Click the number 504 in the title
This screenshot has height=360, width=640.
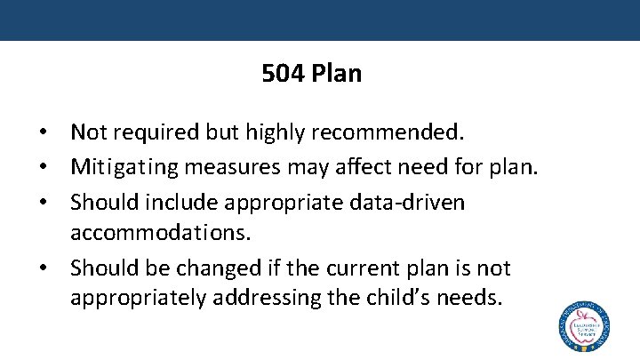click(x=283, y=73)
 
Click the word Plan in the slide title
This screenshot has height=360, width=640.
click(x=337, y=73)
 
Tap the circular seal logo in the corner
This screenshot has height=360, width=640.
click(x=583, y=328)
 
